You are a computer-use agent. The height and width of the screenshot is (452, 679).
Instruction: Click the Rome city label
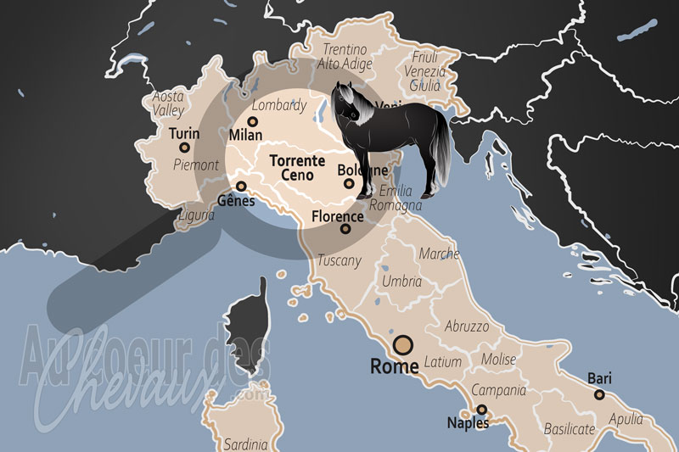(395, 367)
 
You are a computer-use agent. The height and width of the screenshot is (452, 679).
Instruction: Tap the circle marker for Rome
(402, 344)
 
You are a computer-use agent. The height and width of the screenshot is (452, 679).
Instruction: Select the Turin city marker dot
(184, 148)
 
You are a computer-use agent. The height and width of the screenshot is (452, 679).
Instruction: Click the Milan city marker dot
(252, 121)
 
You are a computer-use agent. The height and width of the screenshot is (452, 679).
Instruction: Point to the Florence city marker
(345, 229)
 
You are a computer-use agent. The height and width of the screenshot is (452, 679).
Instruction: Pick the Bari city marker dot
(599, 394)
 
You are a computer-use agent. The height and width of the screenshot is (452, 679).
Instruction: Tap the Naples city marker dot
(482, 410)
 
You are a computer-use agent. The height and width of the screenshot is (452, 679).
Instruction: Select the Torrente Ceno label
(291, 168)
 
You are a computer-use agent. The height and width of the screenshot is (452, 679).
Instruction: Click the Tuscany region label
(339, 260)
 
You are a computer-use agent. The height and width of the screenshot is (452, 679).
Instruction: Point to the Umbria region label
(401, 281)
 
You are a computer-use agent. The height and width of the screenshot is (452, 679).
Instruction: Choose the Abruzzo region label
(467, 326)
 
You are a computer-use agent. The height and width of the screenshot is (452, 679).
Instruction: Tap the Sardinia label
(245, 444)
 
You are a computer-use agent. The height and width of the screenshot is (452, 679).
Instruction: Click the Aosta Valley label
(168, 103)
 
